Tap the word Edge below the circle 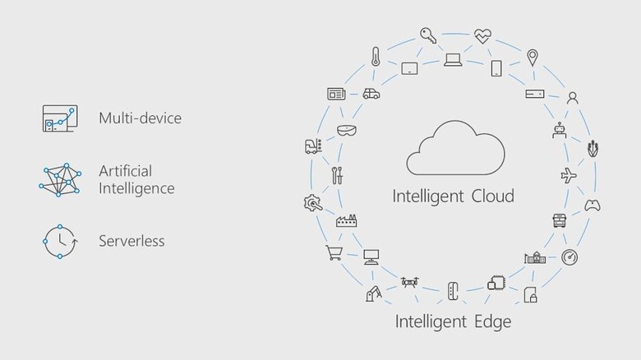coord(489,321)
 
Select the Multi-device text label coord(140,118)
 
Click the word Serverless coord(131,241)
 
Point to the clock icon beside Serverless coord(59,241)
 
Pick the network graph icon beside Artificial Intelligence coord(59,179)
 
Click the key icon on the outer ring coord(427,35)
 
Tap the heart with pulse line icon coord(482,36)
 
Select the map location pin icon coord(533,58)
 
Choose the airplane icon coord(568,176)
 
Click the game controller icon coord(592,205)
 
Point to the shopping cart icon coord(334,253)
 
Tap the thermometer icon coord(376,57)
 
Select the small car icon coord(371,94)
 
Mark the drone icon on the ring coord(409,283)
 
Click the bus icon coord(559,220)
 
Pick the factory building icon coord(345,220)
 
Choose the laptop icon coord(453,59)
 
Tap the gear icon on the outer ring coord(312,202)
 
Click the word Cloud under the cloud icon coord(492,196)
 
